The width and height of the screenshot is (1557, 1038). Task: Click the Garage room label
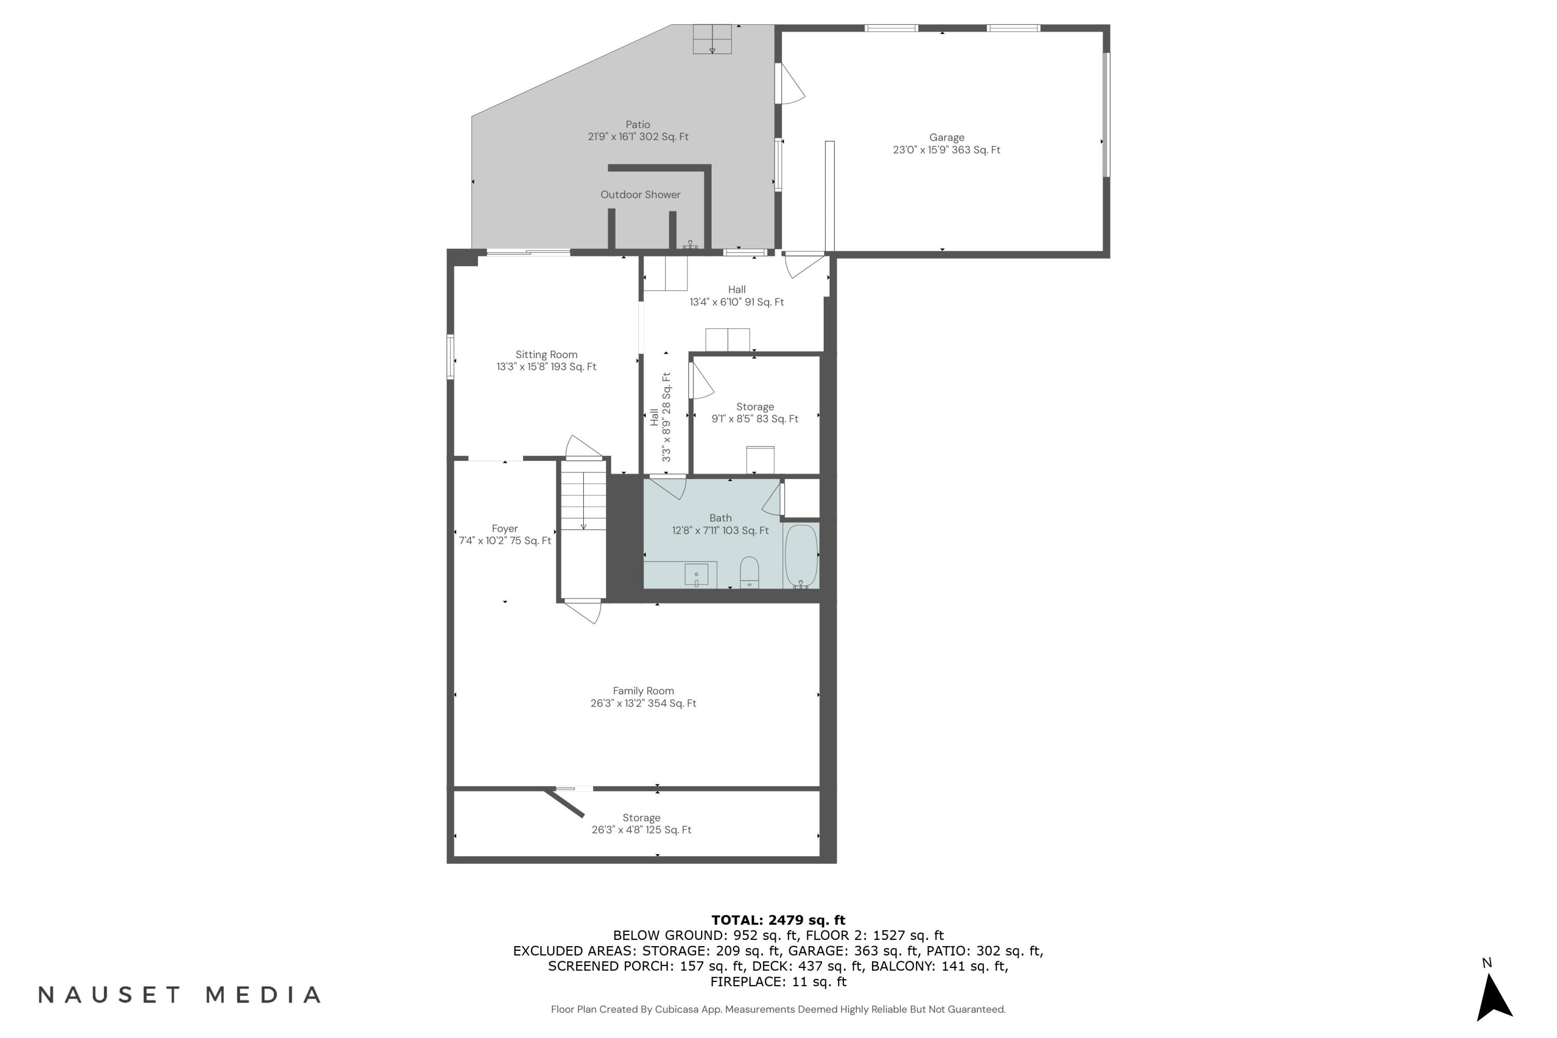coord(946,138)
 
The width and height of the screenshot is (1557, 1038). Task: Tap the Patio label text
coord(637,125)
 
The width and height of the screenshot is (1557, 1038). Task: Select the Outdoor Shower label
coord(639,195)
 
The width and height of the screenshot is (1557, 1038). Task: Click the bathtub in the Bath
coord(801,555)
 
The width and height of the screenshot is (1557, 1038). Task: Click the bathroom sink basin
coord(696,575)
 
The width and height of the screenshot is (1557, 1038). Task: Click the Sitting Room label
coord(546,355)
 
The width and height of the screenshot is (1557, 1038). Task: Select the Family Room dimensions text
coord(643,704)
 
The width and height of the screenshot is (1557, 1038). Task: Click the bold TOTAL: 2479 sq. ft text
coord(778,920)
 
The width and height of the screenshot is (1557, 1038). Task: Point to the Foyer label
coord(504,529)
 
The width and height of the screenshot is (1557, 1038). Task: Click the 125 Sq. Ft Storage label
coord(641,818)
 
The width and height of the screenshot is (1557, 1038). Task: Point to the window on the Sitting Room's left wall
coord(450,357)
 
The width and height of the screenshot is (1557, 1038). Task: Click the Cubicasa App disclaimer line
coord(778,1009)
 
